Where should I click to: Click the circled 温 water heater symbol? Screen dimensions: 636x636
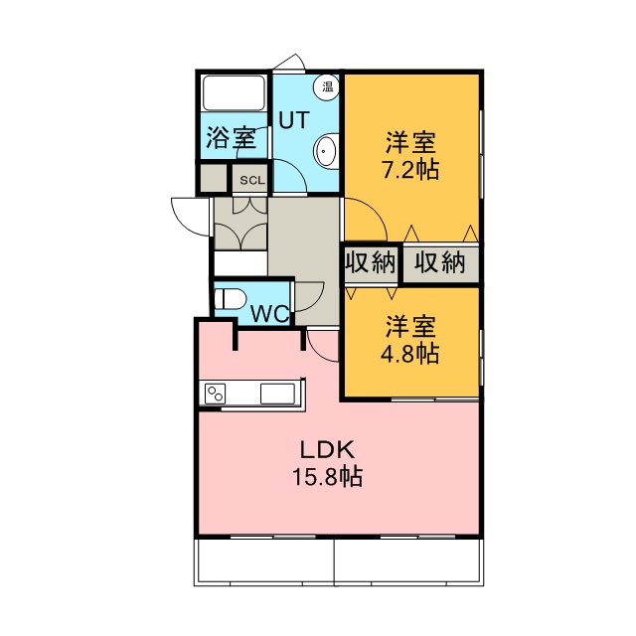[x=327, y=86]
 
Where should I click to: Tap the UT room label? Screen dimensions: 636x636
[x=294, y=120]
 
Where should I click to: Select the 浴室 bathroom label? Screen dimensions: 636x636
[x=232, y=138]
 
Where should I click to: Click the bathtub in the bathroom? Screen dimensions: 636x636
[x=235, y=92]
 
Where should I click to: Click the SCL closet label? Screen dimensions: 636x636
[x=252, y=180]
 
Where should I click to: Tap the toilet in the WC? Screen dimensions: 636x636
[x=230, y=299]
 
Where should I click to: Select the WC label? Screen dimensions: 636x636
[x=270, y=314]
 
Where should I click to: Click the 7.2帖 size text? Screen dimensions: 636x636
[x=409, y=170]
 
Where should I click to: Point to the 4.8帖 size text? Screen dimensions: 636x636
[x=409, y=353]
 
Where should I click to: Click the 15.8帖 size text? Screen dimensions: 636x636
[x=327, y=477]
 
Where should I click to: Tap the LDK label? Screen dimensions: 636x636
[x=327, y=449]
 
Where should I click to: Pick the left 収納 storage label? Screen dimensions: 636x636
[x=371, y=262]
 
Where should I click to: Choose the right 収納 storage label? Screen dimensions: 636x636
[x=439, y=262]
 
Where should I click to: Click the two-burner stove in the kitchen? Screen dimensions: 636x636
[x=215, y=394]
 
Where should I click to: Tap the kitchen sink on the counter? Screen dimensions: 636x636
[x=277, y=394]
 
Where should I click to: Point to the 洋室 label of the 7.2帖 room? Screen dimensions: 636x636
[x=410, y=142]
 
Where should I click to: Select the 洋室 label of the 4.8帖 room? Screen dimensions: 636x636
[x=410, y=326]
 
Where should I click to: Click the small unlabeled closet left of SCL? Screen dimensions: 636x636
[x=214, y=178]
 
